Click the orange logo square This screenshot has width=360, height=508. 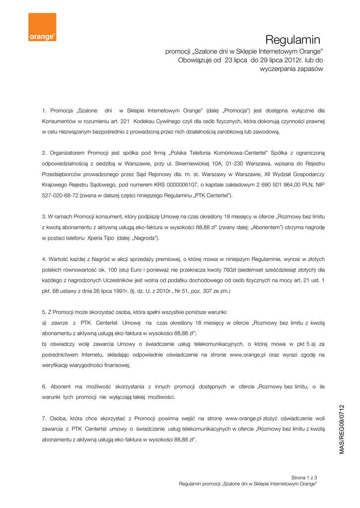42,27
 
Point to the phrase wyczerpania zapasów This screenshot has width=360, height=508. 291,69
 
